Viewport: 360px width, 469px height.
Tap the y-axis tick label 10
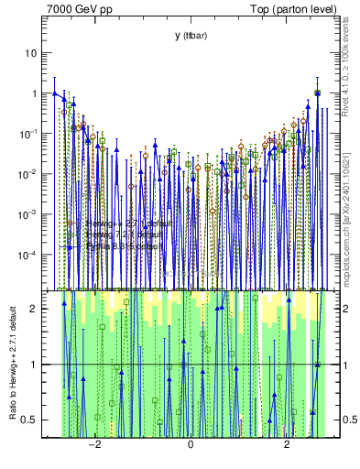pyautogui.click(x=31, y=53)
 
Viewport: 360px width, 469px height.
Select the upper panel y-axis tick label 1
pyautogui.click(x=34, y=93)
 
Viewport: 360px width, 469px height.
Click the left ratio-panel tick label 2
pyautogui.click(x=34, y=309)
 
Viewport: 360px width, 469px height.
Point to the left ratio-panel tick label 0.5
pyautogui.click(x=30, y=420)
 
